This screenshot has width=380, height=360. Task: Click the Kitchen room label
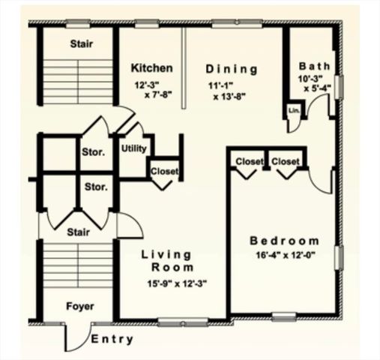pyautogui.click(x=152, y=68)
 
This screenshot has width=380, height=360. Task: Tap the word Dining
pyautogui.click(x=232, y=69)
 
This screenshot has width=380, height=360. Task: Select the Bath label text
pyautogui.click(x=315, y=65)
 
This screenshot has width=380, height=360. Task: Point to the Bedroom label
pyautogui.click(x=284, y=241)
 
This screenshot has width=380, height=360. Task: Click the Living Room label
pyautogui.click(x=167, y=260)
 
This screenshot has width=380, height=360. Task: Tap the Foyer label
pyautogui.click(x=79, y=306)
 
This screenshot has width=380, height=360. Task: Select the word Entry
pyautogui.click(x=112, y=340)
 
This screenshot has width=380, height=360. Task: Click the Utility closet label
pyautogui.click(x=133, y=148)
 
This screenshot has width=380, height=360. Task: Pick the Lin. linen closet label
pyautogui.click(x=293, y=112)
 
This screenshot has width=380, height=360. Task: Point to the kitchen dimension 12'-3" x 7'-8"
pyautogui.click(x=153, y=90)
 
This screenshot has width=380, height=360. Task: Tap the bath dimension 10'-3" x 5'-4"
pyautogui.click(x=315, y=83)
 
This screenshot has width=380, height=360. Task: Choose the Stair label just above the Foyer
pyautogui.click(x=77, y=232)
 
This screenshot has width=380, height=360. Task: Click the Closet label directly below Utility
pyautogui.click(x=165, y=171)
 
